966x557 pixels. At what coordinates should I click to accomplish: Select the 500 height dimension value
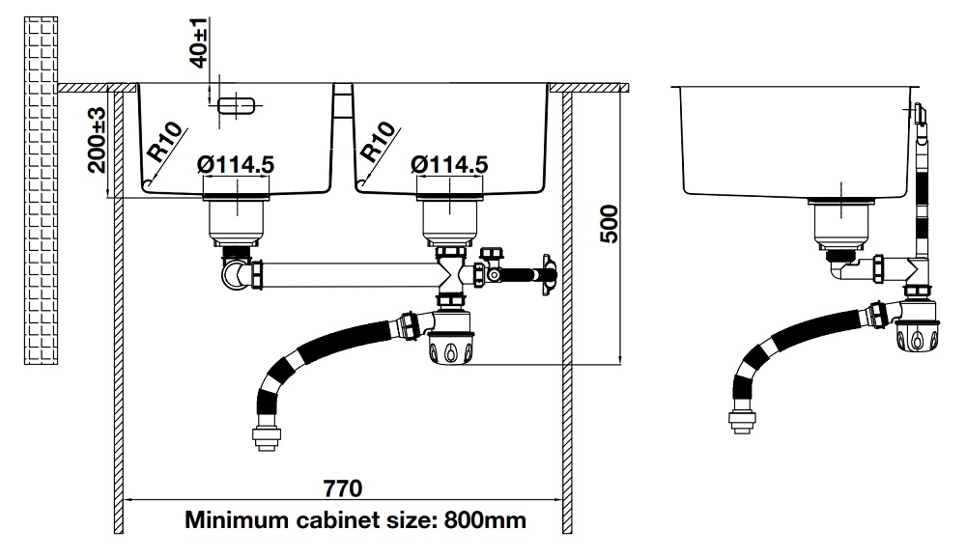tap(609, 224)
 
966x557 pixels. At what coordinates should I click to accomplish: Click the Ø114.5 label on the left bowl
tap(236, 165)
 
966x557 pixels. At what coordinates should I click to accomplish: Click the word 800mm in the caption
tap(486, 521)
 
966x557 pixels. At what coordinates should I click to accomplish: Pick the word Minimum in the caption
tap(230, 521)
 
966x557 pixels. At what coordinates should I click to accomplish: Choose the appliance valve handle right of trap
tap(550, 274)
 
